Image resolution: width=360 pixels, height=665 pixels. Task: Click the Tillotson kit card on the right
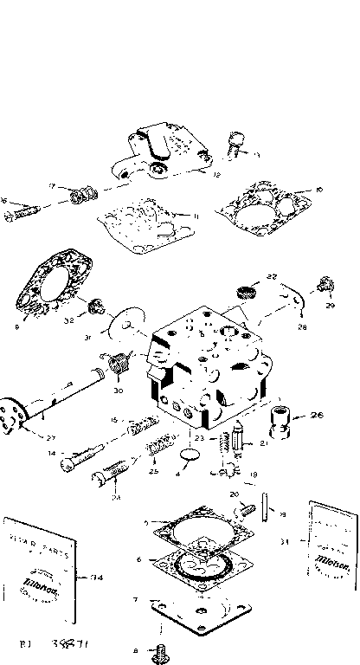[332, 546]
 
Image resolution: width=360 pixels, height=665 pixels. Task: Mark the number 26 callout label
[317, 415]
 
